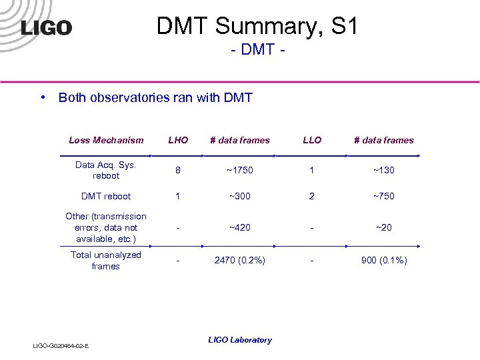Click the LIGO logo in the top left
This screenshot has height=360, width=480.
click(46, 28)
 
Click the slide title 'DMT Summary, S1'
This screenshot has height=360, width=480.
click(257, 27)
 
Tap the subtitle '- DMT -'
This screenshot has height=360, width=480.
click(257, 51)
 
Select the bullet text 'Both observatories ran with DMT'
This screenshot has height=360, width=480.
click(155, 98)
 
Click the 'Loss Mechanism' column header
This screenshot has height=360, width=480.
click(106, 140)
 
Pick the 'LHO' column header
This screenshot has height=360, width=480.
click(178, 140)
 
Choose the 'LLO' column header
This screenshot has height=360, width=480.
click(312, 140)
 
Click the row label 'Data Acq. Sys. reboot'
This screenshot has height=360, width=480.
click(106, 170)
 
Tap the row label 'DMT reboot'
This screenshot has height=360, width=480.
click(106, 196)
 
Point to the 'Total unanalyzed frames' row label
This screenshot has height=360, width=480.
click(106, 260)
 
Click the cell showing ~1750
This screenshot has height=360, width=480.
click(240, 170)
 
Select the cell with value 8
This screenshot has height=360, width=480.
click(178, 170)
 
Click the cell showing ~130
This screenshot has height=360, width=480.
click(384, 170)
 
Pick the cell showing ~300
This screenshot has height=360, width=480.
click(240, 196)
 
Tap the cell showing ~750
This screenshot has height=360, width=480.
click(384, 196)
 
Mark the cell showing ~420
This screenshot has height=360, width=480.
click(240, 227)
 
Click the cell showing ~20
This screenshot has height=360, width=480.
click(384, 227)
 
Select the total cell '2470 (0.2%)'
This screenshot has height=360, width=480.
click(240, 260)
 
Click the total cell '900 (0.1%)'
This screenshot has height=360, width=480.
click(384, 260)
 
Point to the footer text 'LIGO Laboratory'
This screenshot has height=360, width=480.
click(240, 340)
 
